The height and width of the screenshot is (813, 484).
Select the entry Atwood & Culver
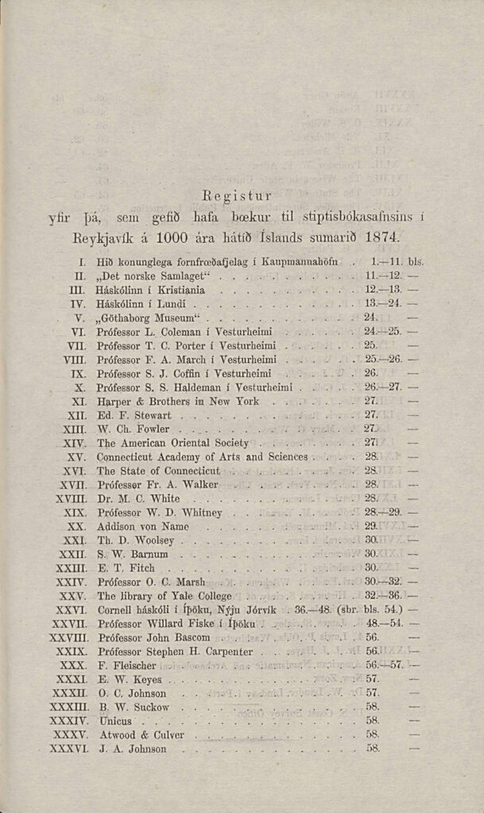[140, 734]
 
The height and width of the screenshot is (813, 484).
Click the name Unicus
[114, 721]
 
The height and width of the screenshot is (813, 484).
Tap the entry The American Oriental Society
[172, 442]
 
